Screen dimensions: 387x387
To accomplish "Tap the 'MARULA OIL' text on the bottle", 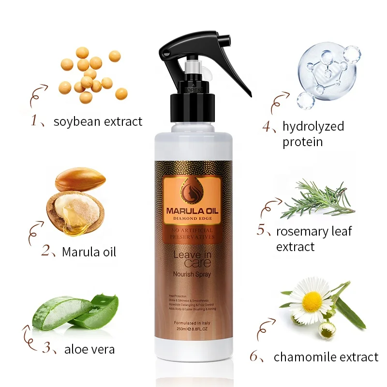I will click(193, 211).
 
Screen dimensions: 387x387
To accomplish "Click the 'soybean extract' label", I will click(98, 121).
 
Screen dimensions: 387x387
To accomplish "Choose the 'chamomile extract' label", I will click(326, 357).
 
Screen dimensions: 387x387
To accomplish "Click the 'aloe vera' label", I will click(89, 349).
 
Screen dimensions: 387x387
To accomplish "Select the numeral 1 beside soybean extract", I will click(34, 121).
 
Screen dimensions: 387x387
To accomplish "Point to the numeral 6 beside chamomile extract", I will click(254, 357).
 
